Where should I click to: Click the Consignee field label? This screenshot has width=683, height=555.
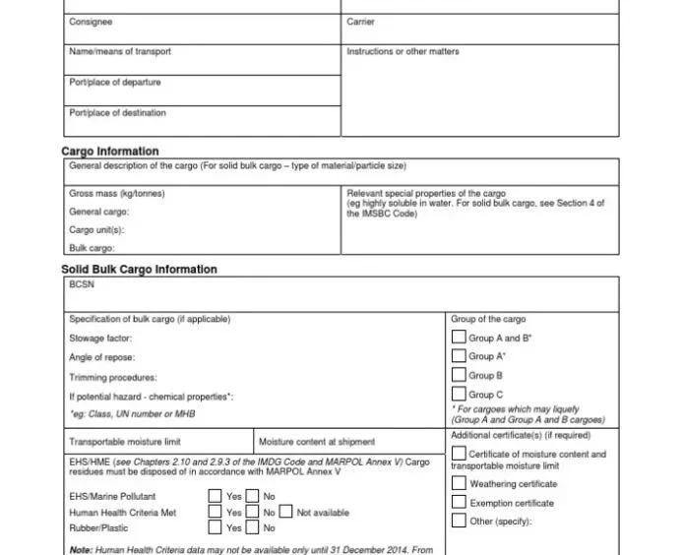(91, 22)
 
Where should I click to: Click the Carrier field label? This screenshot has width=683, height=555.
(361, 22)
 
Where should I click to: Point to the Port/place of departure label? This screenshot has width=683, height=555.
(115, 82)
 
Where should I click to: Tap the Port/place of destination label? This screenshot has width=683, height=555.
(118, 112)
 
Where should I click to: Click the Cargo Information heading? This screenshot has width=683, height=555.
(110, 152)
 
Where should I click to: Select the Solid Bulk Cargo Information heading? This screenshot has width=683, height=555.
(140, 270)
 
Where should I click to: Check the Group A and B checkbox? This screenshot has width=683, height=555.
(459, 338)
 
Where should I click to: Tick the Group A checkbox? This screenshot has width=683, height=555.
(459, 356)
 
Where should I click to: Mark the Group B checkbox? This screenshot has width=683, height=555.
(459, 375)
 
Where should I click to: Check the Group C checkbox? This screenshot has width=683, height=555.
(459, 394)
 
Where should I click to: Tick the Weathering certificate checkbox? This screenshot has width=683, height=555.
(459, 483)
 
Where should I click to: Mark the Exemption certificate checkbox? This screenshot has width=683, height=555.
(459, 502)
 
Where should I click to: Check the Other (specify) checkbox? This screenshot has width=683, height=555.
(459, 521)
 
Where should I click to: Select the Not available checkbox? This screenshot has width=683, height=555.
(285, 512)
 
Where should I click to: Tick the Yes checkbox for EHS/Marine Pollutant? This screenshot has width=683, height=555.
(215, 496)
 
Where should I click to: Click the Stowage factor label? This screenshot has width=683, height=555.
(100, 339)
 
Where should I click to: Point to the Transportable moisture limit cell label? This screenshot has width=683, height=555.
(125, 442)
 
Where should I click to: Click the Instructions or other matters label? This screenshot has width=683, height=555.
(403, 51)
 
